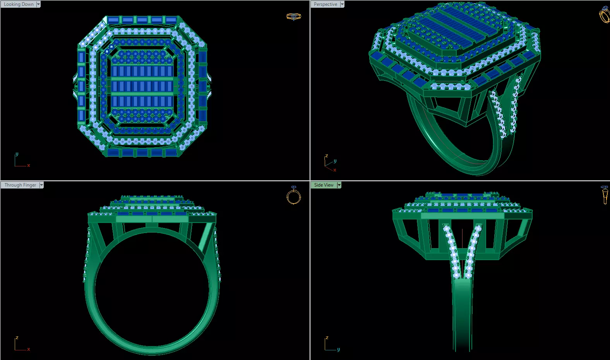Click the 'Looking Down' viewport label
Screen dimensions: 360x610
pyautogui.click(x=19, y=4)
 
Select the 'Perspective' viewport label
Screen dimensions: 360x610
pyautogui.click(x=325, y=4)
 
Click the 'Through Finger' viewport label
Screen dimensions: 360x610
pyautogui.click(x=20, y=185)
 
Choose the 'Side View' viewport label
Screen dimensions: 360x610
pyautogui.click(x=324, y=185)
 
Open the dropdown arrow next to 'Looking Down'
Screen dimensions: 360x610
pyautogui.click(x=38, y=4)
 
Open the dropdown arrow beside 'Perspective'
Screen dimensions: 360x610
pyautogui.click(x=342, y=4)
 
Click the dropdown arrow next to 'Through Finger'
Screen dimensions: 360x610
pyautogui.click(x=41, y=185)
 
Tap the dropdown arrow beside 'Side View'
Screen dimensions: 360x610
pyautogui.click(x=339, y=185)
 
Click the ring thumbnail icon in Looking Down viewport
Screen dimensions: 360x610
pyautogui.click(x=293, y=17)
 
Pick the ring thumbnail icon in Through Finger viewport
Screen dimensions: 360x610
pyautogui.click(x=293, y=195)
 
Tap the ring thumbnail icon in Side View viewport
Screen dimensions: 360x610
pyautogui.click(x=605, y=195)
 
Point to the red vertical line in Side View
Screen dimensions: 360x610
pyautogui.click(x=462, y=248)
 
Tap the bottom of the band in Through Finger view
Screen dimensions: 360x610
pyautogui.click(x=152, y=350)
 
